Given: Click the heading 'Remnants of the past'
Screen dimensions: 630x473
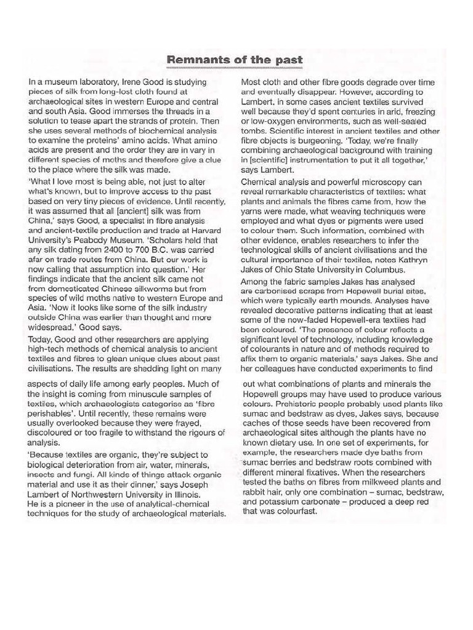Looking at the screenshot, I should tap(235, 60).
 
